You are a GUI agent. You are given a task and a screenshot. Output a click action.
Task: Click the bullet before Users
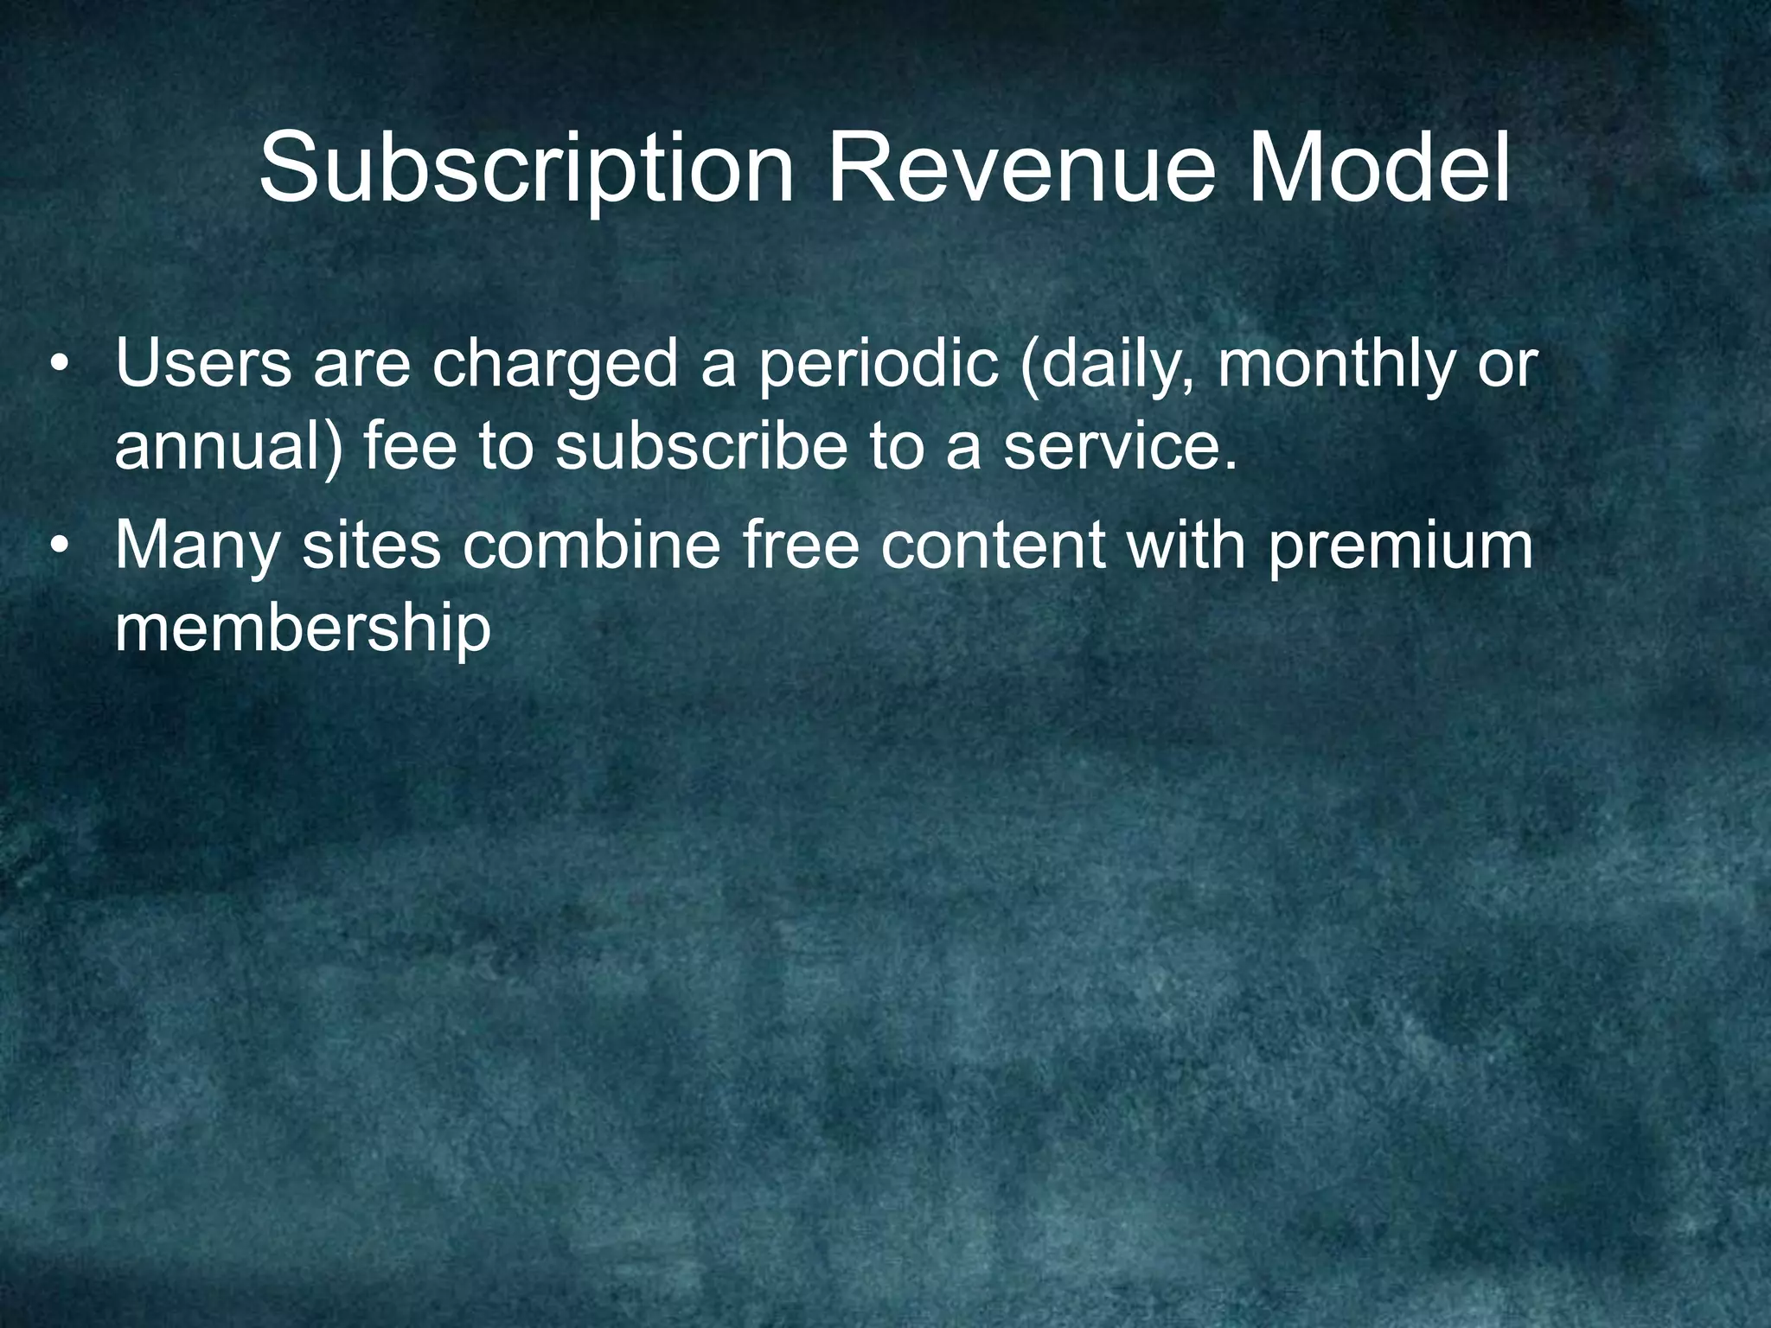click(58, 364)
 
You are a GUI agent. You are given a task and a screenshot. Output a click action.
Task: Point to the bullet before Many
click(58, 546)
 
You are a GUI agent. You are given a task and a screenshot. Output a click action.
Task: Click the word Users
click(203, 364)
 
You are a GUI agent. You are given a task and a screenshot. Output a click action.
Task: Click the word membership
click(303, 630)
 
